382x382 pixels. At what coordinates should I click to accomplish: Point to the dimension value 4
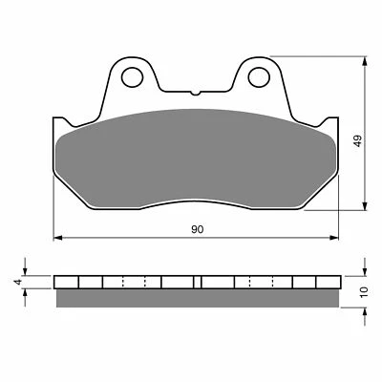(x=16, y=282)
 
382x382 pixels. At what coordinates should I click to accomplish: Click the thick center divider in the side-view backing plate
(x=198, y=283)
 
